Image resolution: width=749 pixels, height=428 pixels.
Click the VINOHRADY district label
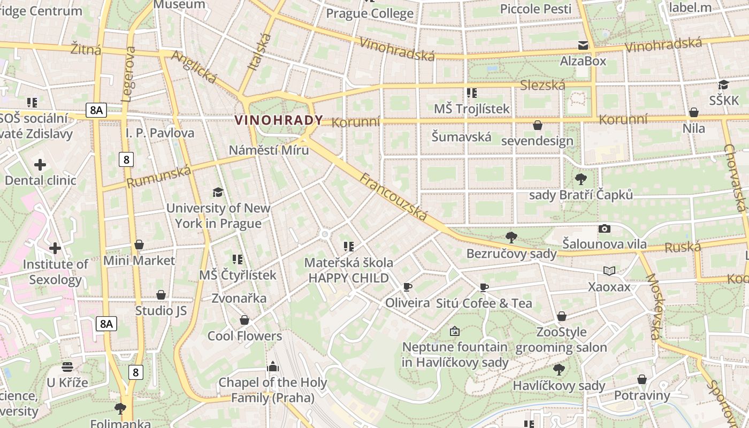tap(279, 120)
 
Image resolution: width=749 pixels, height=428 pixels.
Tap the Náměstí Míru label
tap(269, 150)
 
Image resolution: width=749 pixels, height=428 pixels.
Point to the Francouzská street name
tap(393, 196)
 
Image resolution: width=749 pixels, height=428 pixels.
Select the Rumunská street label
tap(159, 177)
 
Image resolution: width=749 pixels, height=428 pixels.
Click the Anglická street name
tap(194, 67)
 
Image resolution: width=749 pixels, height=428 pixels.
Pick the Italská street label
tap(260, 52)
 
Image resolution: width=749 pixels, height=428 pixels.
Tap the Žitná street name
tap(86, 50)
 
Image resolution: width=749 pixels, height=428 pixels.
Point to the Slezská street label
tap(542, 85)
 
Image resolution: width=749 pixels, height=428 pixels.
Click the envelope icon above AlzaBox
tap(583, 45)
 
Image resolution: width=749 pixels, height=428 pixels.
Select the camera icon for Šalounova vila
tap(605, 228)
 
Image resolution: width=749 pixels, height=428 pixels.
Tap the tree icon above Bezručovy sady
tap(511, 237)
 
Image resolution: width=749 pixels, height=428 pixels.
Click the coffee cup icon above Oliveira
tap(408, 287)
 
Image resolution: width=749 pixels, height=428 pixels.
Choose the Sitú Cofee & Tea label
tap(484, 303)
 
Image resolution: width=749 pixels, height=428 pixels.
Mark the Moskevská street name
tap(654, 307)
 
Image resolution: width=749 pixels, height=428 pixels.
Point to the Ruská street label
tap(683, 247)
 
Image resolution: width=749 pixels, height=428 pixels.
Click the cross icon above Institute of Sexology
tap(55, 248)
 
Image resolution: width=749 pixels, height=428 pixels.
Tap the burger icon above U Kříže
tap(67, 367)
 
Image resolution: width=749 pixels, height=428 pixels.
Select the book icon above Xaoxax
tap(609, 271)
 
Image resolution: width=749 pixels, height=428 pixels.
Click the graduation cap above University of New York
tap(218, 192)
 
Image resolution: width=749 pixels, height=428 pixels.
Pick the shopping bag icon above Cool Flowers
tap(244, 320)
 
